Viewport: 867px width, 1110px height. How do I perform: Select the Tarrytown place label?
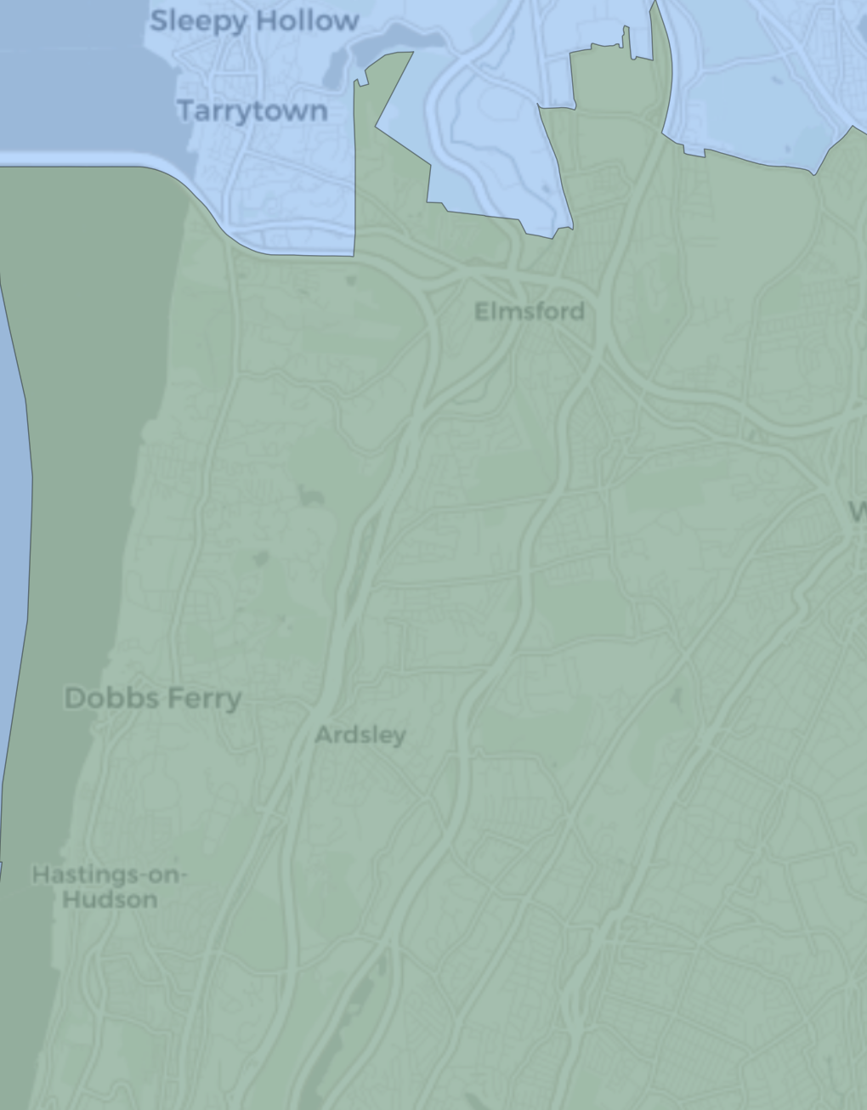(x=252, y=110)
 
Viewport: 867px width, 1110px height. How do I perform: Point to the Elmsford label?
(x=530, y=311)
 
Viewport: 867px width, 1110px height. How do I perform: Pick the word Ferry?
(x=204, y=699)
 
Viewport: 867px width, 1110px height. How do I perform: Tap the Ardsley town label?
(x=360, y=734)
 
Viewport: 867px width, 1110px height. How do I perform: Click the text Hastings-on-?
(x=110, y=875)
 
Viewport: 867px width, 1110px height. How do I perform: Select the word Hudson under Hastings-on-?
(x=110, y=899)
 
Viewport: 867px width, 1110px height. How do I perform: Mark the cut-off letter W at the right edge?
(x=858, y=512)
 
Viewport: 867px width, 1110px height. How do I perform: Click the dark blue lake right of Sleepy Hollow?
(x=408, y=39)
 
